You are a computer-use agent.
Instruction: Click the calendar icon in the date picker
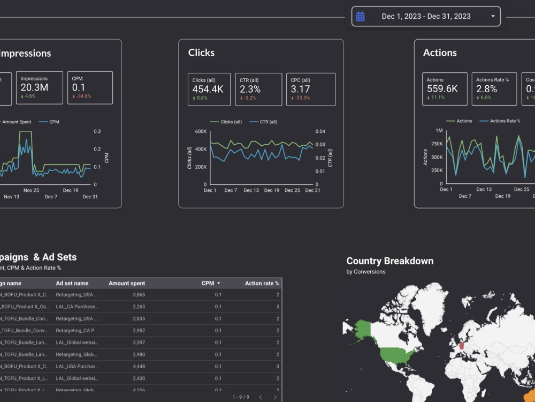[x=360, y=17]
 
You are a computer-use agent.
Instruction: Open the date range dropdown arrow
[x=493, y=17]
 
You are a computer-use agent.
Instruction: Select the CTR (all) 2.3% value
[x=250, y=89]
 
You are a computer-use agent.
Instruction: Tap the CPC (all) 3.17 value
[x=300, y=89]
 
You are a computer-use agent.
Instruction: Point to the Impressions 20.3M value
[x=34, y=87]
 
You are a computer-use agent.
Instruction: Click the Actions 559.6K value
[x=442, y=89]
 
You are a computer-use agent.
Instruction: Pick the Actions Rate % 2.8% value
[x=486, y=89]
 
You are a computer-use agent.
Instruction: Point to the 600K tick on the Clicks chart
[x=201, y=131]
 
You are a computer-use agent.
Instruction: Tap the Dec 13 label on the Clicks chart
[x=251, y=190]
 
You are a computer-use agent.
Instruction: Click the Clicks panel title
[x=201, y=53]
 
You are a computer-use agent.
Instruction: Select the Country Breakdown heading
[x=389, y=261]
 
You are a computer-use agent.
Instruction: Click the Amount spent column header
[x=127, y=284]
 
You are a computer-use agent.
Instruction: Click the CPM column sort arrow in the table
[x=218, y=284]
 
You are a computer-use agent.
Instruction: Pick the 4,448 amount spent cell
[x=138, y=366]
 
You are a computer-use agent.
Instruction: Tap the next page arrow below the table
[x=276, y=397]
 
